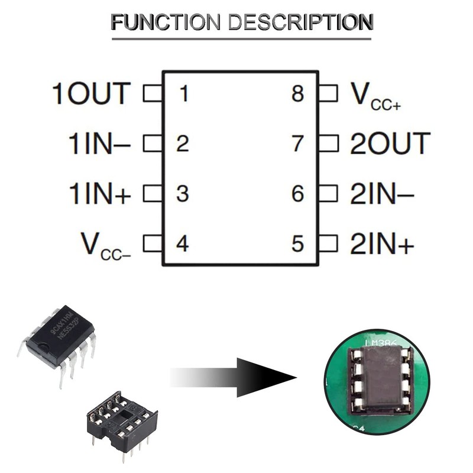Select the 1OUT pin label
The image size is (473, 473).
[x=92, y=93]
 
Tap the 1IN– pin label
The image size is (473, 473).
[x=100, y=144]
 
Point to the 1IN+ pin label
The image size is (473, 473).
[x=100, y=194]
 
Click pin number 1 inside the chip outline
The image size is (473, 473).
[x=184, y=93]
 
